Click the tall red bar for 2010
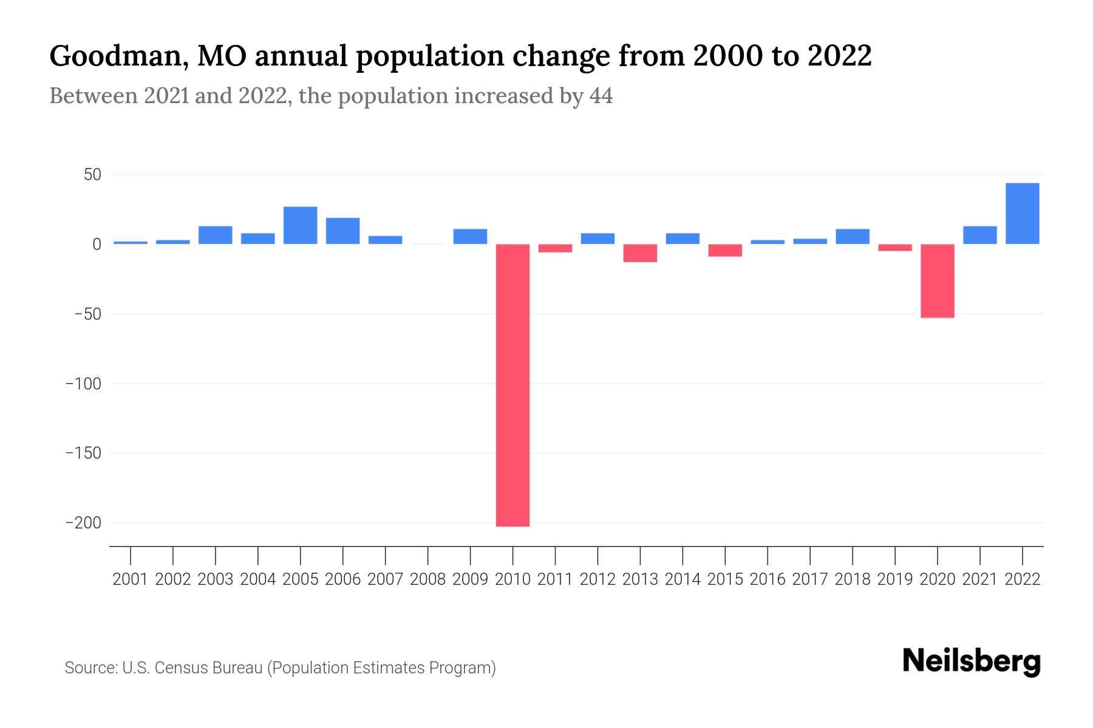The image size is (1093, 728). (x=512, y=385)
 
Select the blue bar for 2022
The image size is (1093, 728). (x=1022, y=214)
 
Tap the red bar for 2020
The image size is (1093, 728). (x=937, y=281)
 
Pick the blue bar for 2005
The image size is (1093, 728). (x=301, y=226)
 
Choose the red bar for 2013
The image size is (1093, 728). (x=640, y=253)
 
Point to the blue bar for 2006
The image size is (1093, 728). (x=343, y=231)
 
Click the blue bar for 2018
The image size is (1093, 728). (x=852, y=237)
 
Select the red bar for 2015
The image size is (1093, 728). (x=725, y=251)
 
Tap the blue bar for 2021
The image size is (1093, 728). (x=979, y=235)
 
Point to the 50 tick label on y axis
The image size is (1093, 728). (x=92, y=175)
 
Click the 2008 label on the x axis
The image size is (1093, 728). (x=428, y=579)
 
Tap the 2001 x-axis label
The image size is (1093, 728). (x=131, y=579)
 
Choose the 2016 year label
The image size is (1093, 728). (x=768, y=579)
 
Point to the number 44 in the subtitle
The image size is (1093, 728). (x=601, y=96)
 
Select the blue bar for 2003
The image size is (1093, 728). (x=216, y=235)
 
